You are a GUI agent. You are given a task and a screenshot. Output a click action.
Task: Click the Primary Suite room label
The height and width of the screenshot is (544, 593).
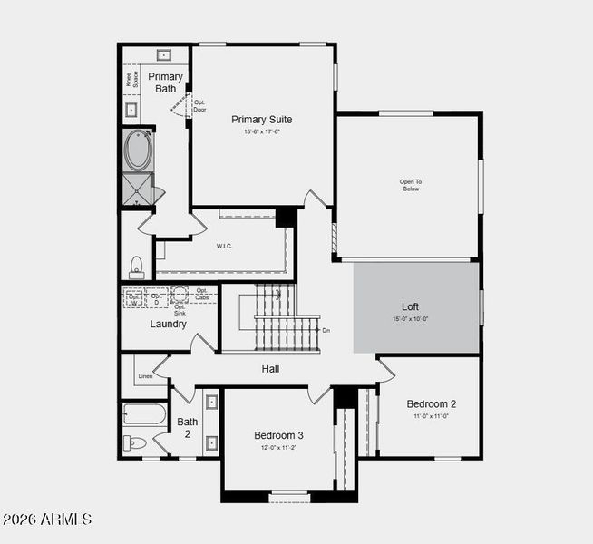click(x=261, y=119)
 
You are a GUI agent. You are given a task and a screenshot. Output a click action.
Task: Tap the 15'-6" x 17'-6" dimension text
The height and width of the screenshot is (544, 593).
click(x=261, y=132)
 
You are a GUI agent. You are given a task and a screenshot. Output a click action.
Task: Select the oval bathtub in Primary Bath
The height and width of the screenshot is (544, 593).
click(x=138, y=151)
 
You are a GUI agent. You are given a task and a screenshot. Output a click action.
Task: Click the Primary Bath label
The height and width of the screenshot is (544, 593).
click(x=165, y=83)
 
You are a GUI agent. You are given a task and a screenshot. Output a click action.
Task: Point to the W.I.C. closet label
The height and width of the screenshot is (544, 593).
click(x=225, y=246)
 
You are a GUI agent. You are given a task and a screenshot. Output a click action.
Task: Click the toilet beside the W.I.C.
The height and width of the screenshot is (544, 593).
click(x=137, y=266)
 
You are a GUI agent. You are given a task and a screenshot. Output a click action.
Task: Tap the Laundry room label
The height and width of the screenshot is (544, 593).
click(x=168, y=324)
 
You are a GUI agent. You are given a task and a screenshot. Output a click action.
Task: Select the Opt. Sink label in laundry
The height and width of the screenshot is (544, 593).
click(x=180, y=310)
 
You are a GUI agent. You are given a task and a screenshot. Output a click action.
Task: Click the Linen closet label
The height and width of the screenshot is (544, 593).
click(x=145, y=375)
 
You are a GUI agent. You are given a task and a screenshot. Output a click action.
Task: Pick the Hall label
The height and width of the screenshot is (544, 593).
click(x=270, y=369)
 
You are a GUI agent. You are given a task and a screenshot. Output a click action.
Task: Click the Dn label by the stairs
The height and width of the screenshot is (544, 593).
click(x=326, y=330)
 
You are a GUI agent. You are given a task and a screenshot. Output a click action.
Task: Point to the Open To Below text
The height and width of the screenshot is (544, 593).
click(x=411, y=185)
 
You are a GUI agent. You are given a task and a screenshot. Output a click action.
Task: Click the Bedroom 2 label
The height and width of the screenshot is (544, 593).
click(x=431, y=403)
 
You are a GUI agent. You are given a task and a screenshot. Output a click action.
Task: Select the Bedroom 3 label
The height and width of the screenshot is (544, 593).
click(x=278, y=435)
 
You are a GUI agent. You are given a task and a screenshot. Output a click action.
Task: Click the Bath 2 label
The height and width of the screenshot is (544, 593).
click(x=187, y=427)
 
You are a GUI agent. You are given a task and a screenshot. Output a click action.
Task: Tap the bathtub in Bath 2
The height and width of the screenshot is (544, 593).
click(x=144, y=416)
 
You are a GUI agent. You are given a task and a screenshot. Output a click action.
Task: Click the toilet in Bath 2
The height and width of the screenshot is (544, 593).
click(x=136, y=443)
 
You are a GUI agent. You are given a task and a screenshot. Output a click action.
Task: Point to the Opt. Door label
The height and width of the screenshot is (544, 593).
click(x=199, y=106)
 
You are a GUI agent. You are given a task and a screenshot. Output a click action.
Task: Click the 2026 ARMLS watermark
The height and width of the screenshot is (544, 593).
click(x=47, y=520)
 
